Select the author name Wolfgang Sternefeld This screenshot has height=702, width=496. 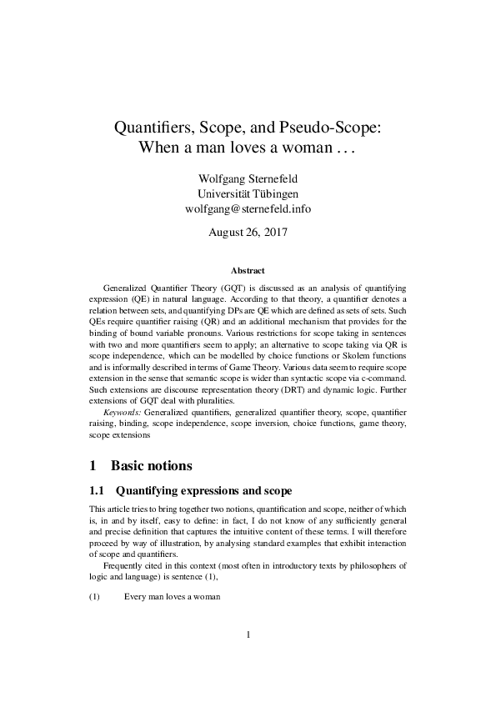coord(248,178)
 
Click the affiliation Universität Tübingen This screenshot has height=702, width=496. coord(248,193)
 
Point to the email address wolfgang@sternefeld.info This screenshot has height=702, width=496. coord(248,208)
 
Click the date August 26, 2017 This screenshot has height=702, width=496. coord(248,232)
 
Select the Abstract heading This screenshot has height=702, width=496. coord(248,270)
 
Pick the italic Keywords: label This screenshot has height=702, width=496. coord(122,412)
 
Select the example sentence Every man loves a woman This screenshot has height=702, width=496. coord(172,596)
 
